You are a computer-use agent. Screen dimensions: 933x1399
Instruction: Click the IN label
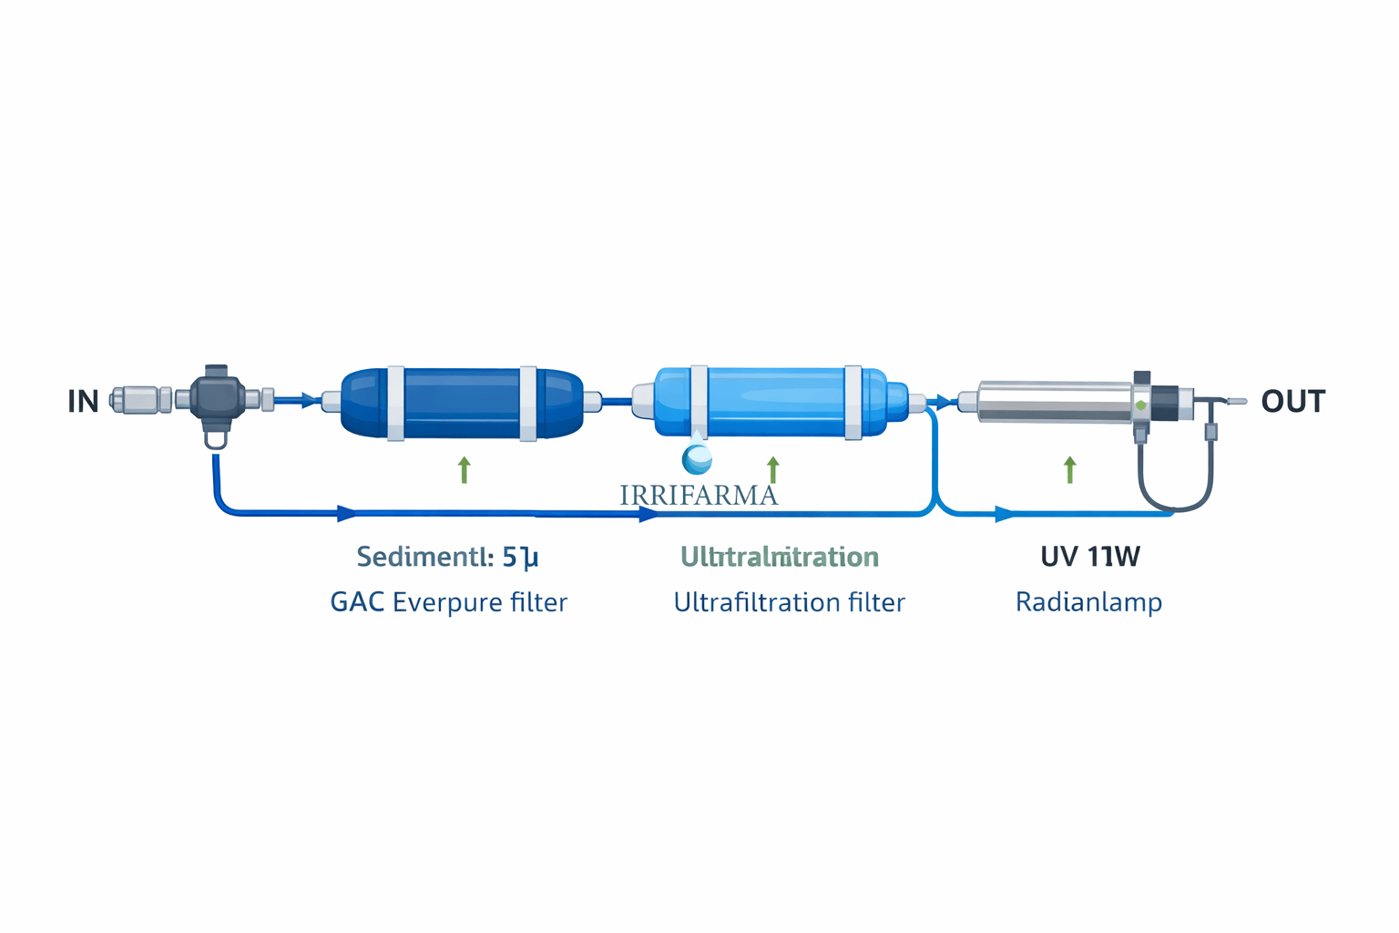click(83, 401)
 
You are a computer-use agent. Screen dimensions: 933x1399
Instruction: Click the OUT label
click(1292, 401)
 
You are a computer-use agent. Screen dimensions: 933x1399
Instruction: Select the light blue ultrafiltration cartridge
click(775, 402)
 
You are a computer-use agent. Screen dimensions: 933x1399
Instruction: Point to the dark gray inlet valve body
click(217, 398)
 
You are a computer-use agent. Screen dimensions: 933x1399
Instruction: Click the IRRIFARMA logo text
click(699, 496)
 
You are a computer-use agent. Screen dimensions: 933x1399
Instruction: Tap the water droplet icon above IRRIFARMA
click(697, 458)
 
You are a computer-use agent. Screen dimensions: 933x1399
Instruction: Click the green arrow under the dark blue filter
click(465, 470)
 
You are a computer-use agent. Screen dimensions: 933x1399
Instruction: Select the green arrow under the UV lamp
click(1070, 470)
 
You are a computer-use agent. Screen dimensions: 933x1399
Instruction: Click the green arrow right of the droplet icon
click(773, 470)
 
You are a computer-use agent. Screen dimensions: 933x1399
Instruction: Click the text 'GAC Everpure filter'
click(448, 602)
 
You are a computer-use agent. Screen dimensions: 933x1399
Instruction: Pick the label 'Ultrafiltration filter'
click(789, 602)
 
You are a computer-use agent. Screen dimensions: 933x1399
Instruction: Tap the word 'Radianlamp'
click(1088, 602)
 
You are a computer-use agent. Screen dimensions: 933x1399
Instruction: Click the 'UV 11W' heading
click(1089, 557)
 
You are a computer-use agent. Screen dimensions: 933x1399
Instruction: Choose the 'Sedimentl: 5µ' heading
click(447, 557)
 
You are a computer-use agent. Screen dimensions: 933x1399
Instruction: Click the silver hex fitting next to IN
click(139, 399)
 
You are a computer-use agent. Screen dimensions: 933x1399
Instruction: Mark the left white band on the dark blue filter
click(396, 403)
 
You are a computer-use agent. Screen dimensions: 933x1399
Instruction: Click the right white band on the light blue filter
click(853, 402)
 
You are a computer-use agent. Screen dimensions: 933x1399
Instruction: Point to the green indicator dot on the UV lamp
click(1140, 405)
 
